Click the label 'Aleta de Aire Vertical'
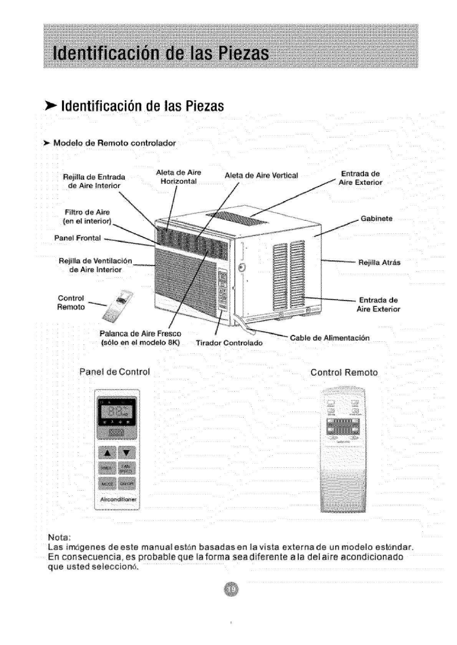click(x=261, y=175)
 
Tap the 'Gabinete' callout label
click(x=376, y=218)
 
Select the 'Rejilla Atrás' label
click(x=379, y=263)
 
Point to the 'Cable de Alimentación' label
click(x=330, y=338)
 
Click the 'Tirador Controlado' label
click(x=229, y=343)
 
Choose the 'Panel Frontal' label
click(x=78, y=238)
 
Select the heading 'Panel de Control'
click(x=114, y=372)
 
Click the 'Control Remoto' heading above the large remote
click(x=344, y=372)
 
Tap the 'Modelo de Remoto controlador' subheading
click(x=114, y=143)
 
